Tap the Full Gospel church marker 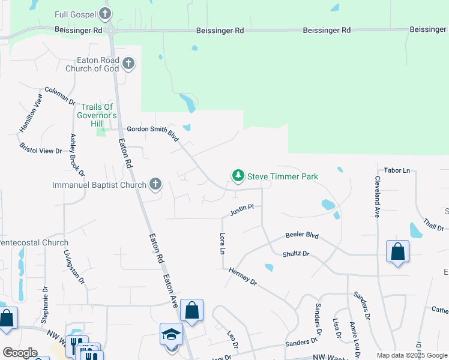click(x=105, y=13)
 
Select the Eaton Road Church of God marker click(x=128, y=63)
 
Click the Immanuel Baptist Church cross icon click(x=155, y=184)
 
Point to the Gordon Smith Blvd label click(x=153, y=133)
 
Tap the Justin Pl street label click(x=242, y=209)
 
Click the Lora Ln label click(x=223, y=242)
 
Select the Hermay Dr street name click(x=243, y=277)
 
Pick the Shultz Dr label click(x=295, y=254)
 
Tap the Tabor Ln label click(x=396, y=170)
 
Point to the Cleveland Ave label click(x=378, y=197)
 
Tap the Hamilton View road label click(x=31, y=112)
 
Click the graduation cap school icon click(x=171, y=334)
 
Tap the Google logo click(x=20, y=353)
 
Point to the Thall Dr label click(x=433, y=224)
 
